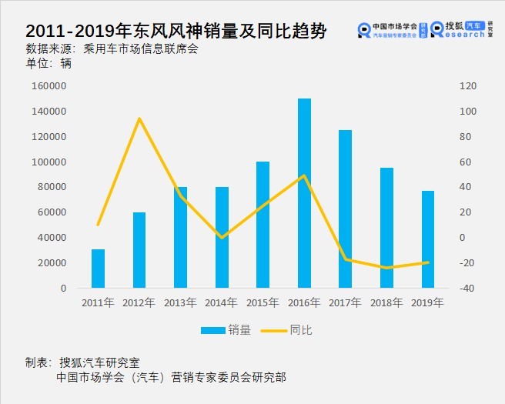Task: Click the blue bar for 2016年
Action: tap(304, 193)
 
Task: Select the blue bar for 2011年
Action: tap(98, 269)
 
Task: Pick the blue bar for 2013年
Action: tap(180, 237)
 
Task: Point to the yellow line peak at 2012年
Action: tap(139, 119)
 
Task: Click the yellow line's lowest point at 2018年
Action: tap(386, 268)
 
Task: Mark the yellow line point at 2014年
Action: tap(222, 237)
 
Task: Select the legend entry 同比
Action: tap(288, 330)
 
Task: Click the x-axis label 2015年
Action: tap(263, 302)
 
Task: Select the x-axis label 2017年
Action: tap(345, 302)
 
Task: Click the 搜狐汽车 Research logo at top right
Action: tap(459, 29)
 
